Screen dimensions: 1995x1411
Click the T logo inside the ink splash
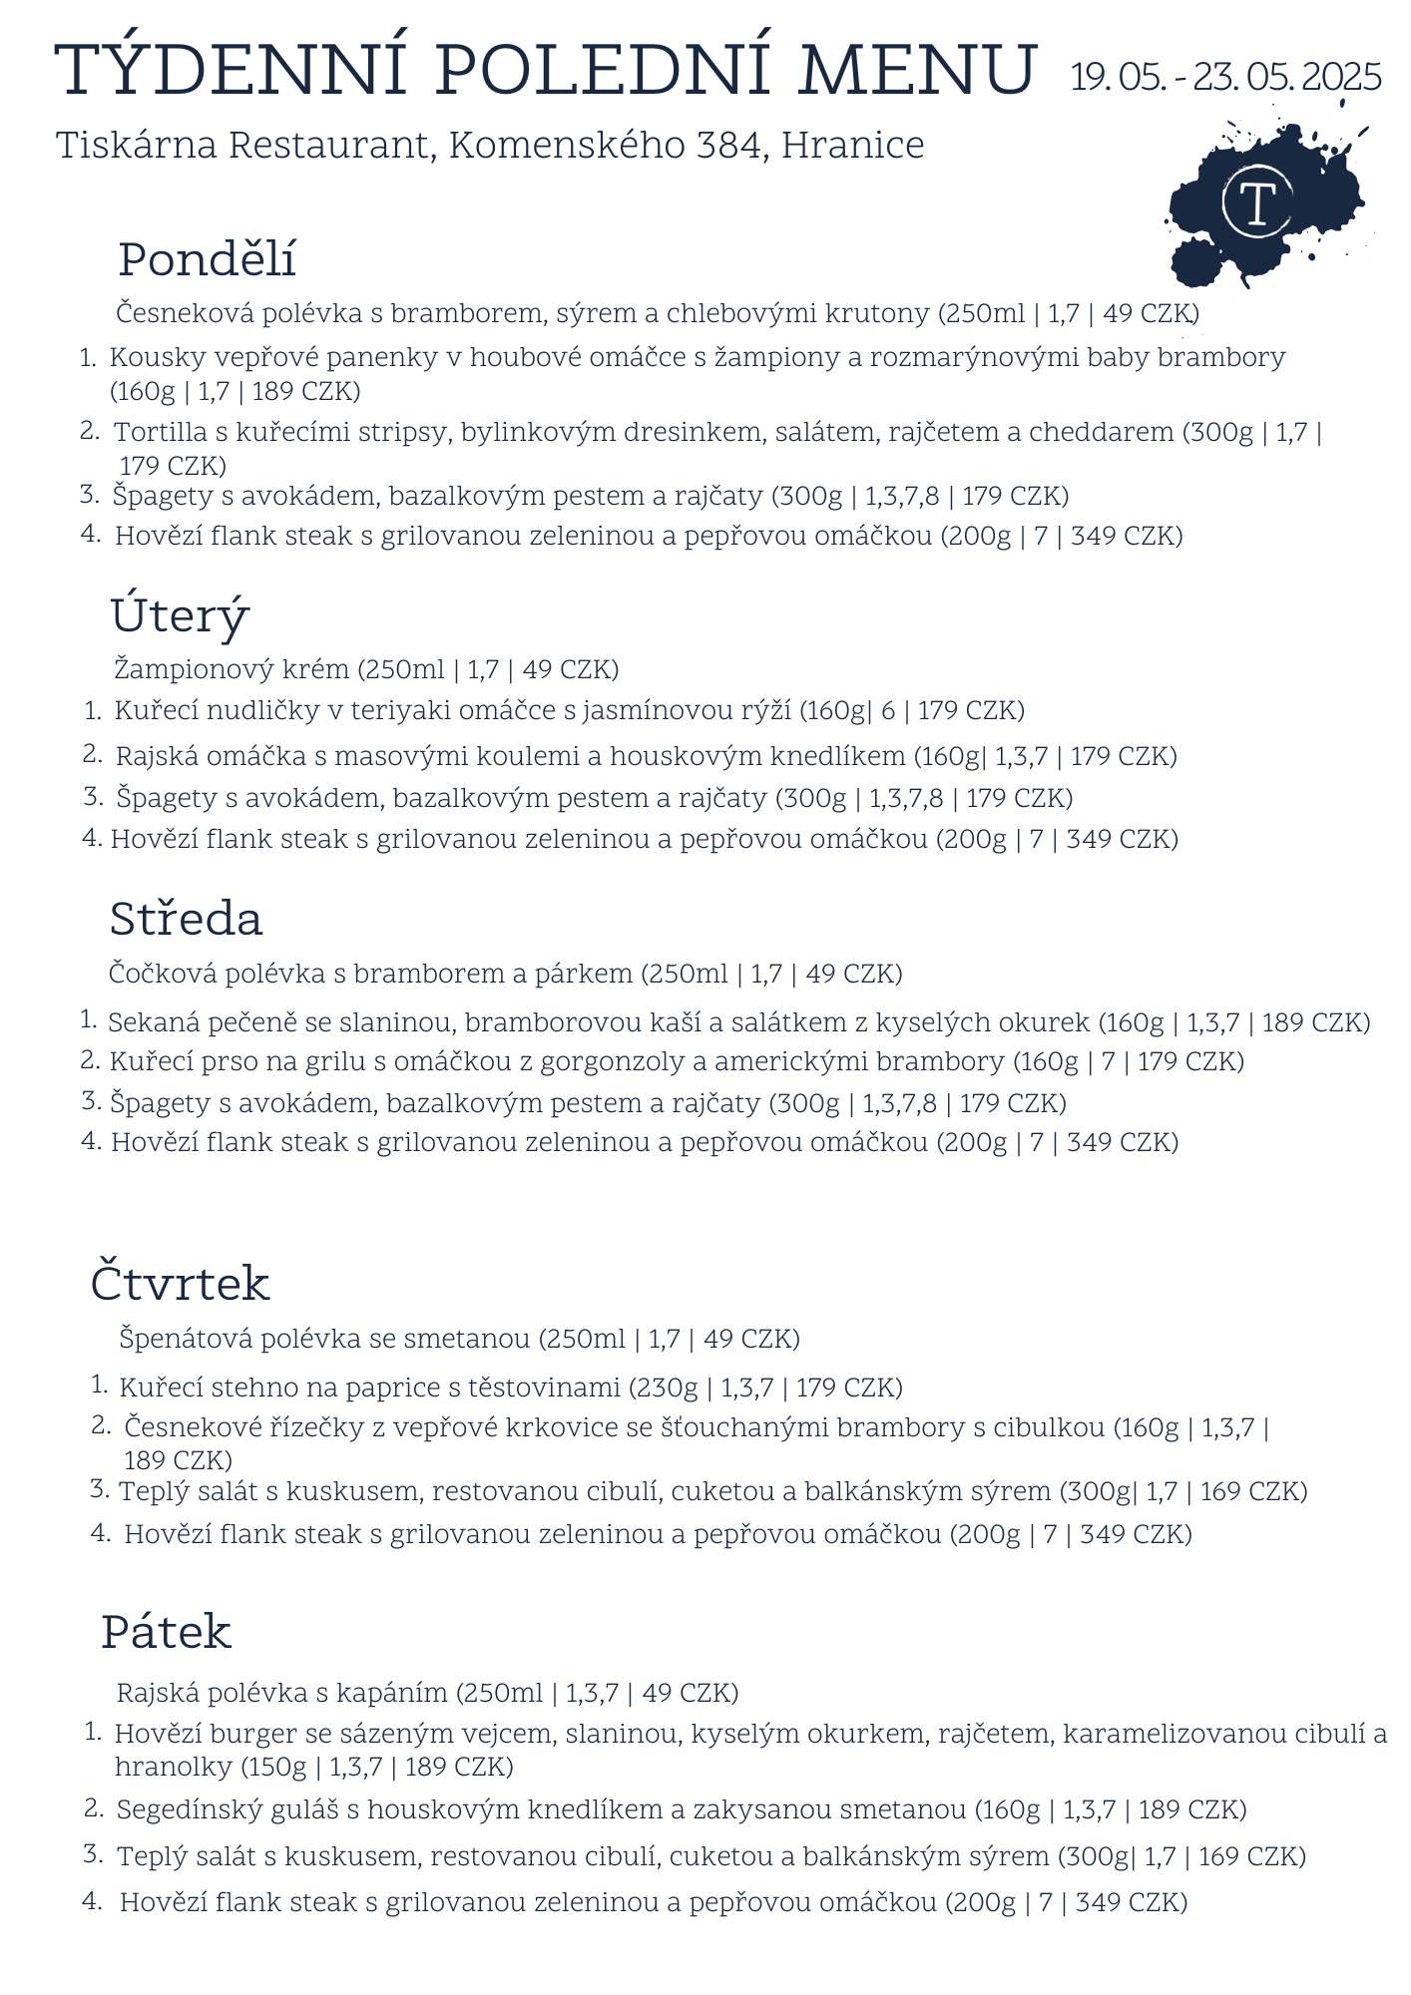click(1257, 203)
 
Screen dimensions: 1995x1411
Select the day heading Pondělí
click(207, 260)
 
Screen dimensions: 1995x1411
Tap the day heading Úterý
click(180, 615)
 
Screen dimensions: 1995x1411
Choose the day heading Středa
click(186, 919)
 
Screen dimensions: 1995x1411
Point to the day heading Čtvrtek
click(180, 1284)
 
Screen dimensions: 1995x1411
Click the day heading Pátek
click(166, 1633)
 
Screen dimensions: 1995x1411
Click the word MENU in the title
click(916, 72)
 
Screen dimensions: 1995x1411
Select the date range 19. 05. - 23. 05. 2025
click(1225, 77)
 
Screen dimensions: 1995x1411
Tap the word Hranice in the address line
click(852, 146)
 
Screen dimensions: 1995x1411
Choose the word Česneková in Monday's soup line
click(185, 314)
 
